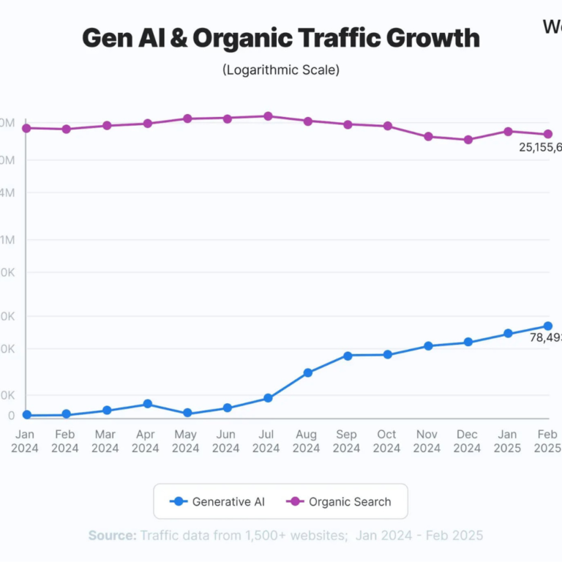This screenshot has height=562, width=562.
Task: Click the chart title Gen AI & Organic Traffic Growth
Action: (281, 38)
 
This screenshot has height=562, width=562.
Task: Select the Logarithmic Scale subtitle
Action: (281, 70)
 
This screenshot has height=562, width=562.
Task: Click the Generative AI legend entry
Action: (217, 501)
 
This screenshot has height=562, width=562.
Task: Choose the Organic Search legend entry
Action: (340, 501)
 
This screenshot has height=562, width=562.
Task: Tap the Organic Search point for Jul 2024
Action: (268, 116)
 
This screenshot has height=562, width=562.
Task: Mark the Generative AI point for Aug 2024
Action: (308, 372)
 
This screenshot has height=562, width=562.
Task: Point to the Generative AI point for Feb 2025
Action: (547, 326)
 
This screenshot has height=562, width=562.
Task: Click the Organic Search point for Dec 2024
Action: (468, 139)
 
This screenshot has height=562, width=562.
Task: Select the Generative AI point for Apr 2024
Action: (147, 404)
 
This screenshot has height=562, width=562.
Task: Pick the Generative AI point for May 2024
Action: (187, 413)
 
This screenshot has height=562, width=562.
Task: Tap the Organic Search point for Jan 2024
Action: (26, 128)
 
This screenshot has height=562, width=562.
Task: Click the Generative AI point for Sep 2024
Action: (348, 356)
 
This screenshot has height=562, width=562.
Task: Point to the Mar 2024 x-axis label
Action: (105, 441)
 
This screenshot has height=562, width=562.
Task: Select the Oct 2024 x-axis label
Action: (386, 441)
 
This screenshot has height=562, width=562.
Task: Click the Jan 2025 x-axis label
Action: (508, 441)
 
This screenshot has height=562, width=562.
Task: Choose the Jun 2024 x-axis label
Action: (227, 441)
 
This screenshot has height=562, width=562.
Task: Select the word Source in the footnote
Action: (112, 536)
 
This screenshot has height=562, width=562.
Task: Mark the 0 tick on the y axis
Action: (11, 415)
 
